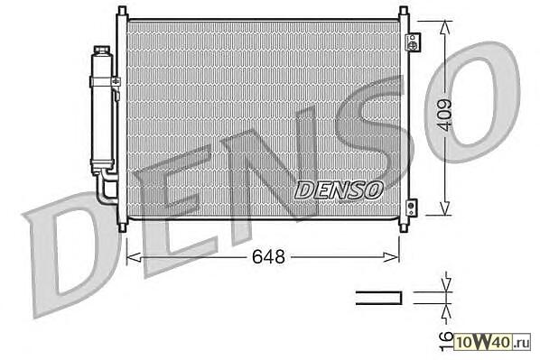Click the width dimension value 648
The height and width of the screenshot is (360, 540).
click(268, 257)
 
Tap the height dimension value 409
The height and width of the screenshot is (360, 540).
click(445, 115)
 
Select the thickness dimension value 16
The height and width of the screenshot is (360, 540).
click(447, 342)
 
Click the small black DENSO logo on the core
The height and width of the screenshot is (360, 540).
click(339, 190)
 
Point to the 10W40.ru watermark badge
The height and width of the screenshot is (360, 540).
click(492, 342)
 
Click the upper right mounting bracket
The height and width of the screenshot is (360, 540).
click(413, 42)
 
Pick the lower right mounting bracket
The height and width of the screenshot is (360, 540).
click(411, 208)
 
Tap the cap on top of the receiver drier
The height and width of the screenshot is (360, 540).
click(102, 50)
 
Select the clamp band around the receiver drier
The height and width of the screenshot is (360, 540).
click(105, 82)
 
